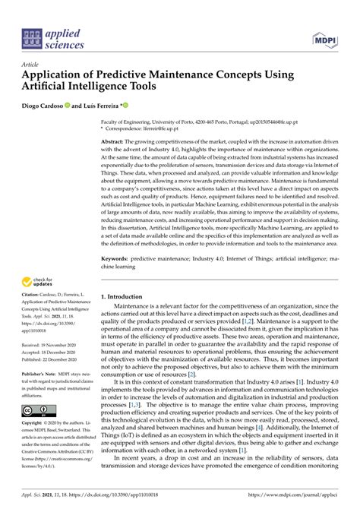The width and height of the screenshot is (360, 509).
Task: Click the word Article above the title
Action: click(31, 65)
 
